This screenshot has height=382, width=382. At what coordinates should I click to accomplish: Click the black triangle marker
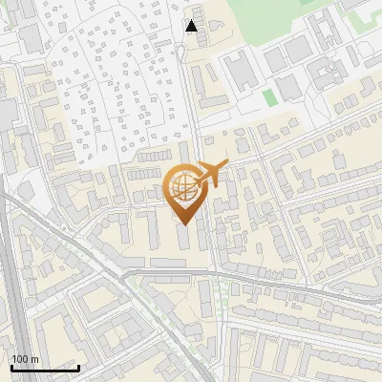pos(192,26)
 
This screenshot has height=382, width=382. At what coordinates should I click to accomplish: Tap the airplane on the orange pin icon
pos(209,174)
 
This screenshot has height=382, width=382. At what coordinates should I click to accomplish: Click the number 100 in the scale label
pos(20,359)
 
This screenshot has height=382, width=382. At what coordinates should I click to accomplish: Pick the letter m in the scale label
pos(34,359)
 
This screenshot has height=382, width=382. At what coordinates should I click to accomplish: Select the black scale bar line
pos(44,368)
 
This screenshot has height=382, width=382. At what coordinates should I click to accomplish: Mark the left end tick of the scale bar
pos(11,366)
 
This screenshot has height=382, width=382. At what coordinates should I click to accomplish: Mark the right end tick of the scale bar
pos(77,366)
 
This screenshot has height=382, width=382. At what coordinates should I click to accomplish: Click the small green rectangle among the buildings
pos(270,96)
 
